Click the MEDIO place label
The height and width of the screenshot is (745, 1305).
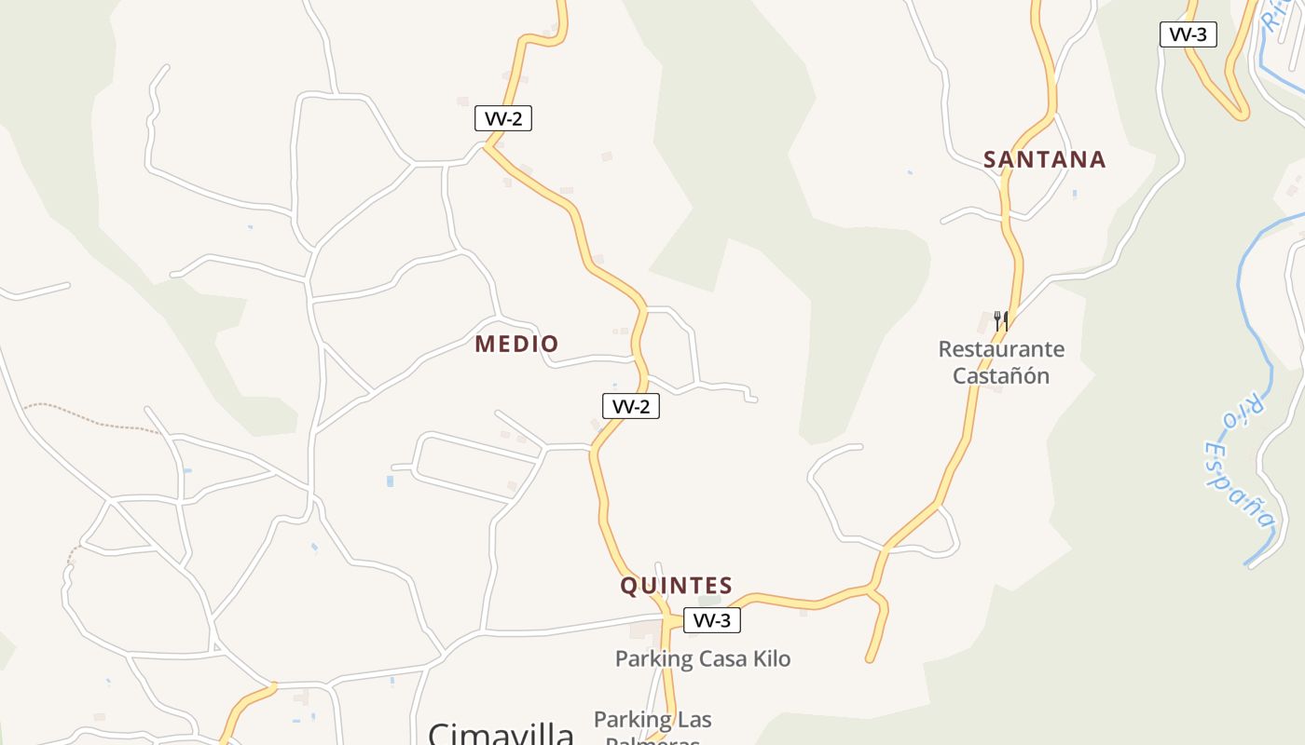(x=516, y=345)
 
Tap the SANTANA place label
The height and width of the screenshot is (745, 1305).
(x=1044, y=160)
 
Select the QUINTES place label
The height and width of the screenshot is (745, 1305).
(x=677, y=586)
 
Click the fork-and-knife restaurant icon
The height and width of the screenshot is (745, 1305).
(x=1001, y=320)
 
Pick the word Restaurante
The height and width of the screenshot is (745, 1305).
(x=1001, y=349)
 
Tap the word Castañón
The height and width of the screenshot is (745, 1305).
(x=1001, y=376)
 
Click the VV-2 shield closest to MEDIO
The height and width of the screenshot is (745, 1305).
(x=630, y=406)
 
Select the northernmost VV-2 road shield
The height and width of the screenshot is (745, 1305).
(x=503, y=118)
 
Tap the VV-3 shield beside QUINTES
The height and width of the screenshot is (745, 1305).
(x=712, y=620)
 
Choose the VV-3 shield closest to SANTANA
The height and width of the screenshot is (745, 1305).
(x=1188, y=35)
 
